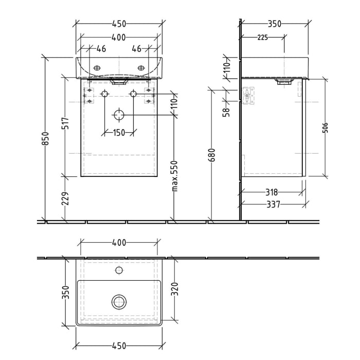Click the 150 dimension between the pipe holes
click(x=119, y=133)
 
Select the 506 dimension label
click(x=325, y=128)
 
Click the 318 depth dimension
click(x=273, y=192)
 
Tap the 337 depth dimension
click(x=273, y=205)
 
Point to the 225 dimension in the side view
click(x=262, y=37)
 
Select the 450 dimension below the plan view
click(x=119, y=346)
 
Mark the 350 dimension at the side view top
click(x=275, y=24)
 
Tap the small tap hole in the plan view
click(x=119, y=270)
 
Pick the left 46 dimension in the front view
click(x=101, y=49)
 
